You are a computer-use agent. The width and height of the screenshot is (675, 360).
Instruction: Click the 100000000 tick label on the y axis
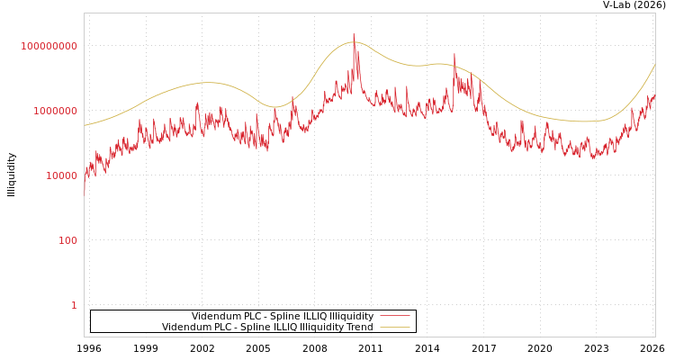point(49,46)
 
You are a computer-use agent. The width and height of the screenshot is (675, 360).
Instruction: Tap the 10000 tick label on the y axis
point(61,175)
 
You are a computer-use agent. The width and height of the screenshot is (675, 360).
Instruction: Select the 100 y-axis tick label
point(68,240)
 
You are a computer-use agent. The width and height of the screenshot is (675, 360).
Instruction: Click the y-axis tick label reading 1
point(74,305)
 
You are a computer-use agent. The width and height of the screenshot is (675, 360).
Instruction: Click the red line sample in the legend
point(394,316)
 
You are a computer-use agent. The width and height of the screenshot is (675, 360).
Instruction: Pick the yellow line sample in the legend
point(394,327)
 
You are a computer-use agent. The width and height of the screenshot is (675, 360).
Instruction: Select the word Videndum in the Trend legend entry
point(185,327)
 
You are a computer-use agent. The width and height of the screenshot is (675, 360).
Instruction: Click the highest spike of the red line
point(354,35)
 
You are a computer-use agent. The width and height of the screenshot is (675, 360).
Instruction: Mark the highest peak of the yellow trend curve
point(355,42)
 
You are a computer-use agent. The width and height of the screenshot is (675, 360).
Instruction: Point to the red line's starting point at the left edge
point(85,191)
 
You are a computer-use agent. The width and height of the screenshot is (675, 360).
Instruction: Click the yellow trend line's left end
point(85,125)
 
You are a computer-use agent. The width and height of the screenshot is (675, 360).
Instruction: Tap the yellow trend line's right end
point(654,65)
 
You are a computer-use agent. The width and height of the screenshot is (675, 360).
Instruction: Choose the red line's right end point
point(654,94)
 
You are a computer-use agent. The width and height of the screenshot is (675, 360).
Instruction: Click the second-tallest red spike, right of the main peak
point(454,54)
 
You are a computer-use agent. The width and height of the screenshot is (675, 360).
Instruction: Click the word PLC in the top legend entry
point(248,316)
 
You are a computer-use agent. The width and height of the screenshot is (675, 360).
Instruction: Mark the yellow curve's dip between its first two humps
point(274,107)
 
